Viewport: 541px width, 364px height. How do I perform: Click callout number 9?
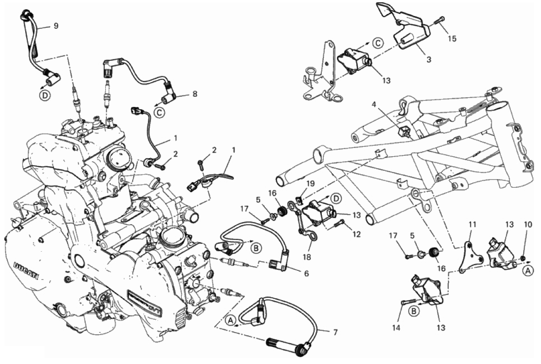(56, 26)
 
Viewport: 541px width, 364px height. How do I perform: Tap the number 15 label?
(452, 39)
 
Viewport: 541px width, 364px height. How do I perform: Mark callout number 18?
(307, 257)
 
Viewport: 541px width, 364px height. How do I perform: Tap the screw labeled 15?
(441, 19)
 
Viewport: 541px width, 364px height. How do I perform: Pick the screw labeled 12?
(340, 224)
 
